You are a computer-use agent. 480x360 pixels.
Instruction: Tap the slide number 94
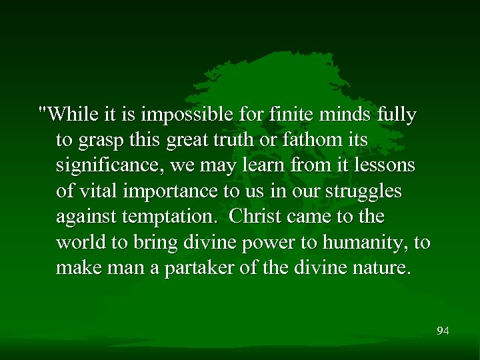tap(443, 331)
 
